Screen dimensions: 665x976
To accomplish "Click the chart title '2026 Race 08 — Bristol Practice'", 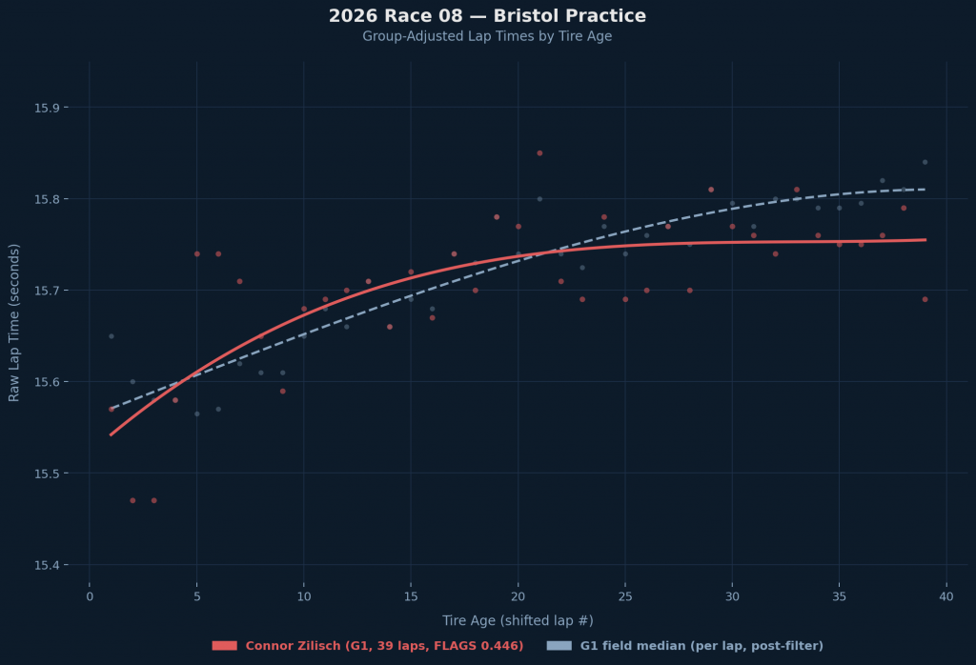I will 487,16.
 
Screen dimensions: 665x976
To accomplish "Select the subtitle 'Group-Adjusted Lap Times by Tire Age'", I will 487,36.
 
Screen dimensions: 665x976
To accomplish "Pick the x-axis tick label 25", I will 624,596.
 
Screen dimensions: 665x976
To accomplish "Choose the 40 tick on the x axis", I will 945,596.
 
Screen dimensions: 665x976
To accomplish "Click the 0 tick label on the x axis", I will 90,596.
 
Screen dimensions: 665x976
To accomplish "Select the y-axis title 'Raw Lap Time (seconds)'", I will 14,322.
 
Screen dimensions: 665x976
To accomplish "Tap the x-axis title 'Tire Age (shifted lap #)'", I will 518,620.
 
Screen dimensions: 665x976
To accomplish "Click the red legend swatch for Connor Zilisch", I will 224,646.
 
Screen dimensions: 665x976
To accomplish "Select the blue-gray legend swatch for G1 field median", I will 559,646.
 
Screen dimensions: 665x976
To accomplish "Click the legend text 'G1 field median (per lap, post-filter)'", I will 701,646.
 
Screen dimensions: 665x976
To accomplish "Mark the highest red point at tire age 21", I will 539,152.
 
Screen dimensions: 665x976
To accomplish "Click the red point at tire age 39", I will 925,299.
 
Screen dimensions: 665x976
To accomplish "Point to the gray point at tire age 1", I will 111,336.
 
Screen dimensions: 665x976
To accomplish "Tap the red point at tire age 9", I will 282,391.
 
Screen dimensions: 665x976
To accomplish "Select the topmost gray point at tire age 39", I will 925,162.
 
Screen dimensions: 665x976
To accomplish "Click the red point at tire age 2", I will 132,500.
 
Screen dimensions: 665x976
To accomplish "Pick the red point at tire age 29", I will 710,190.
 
